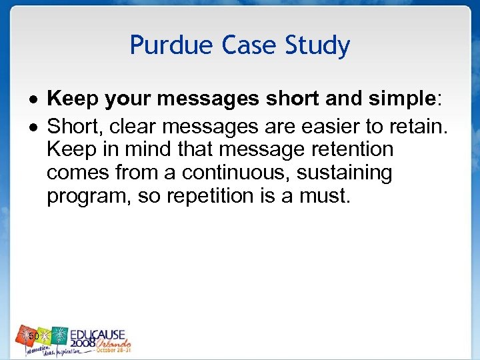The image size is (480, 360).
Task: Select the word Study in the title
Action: (x=317, y=46)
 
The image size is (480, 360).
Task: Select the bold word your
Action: (x=124, y=100)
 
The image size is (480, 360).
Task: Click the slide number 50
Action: (x=33, y=336)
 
